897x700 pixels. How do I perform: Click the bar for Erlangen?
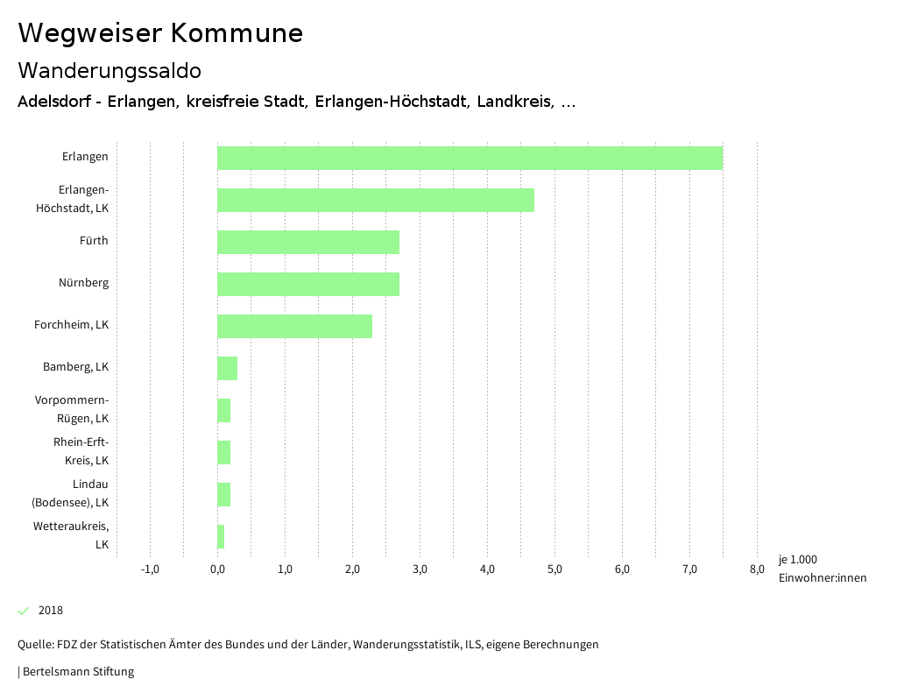pos(470,158)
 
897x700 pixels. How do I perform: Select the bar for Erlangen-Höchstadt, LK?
pos(375,200)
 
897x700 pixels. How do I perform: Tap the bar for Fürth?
pos(308,242)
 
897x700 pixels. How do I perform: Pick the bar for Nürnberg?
pos(308,284)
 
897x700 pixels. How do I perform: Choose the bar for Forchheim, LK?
pos(294,326)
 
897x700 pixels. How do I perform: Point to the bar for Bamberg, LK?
pos(227,368)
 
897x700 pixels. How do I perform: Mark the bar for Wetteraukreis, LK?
pos(221,536)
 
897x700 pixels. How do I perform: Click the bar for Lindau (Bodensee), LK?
pos(223,494)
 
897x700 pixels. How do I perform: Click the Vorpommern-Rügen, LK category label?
pos(72,409)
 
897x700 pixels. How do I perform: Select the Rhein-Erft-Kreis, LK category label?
pos(81,451)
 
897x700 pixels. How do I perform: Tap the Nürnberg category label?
pos(83,283)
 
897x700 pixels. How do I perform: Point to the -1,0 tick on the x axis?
pos(150,569)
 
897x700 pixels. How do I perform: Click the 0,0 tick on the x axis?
pos(217,569)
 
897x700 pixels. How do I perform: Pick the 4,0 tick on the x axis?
pos(487,569)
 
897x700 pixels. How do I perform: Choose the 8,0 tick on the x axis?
pos(757,569)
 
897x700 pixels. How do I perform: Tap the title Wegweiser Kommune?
pos(160,33)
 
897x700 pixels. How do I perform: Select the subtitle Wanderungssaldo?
pos(109,70)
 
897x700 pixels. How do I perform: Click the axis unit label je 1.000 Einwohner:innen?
pos(822,569)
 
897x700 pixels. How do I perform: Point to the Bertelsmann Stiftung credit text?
pos(77,672)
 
